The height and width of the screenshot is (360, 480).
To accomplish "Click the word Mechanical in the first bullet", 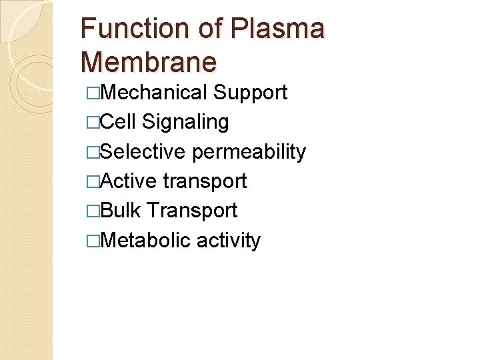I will (153, 93).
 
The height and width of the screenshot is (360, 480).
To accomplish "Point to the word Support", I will (250, 93).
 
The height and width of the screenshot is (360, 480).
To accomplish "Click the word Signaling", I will (185, 122).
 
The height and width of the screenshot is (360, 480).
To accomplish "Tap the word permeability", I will (249, 152).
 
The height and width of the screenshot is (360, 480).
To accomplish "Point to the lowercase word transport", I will (205, 181).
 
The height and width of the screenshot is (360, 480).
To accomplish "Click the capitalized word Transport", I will (192, 211).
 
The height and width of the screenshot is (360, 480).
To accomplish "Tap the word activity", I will (229, 241).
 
